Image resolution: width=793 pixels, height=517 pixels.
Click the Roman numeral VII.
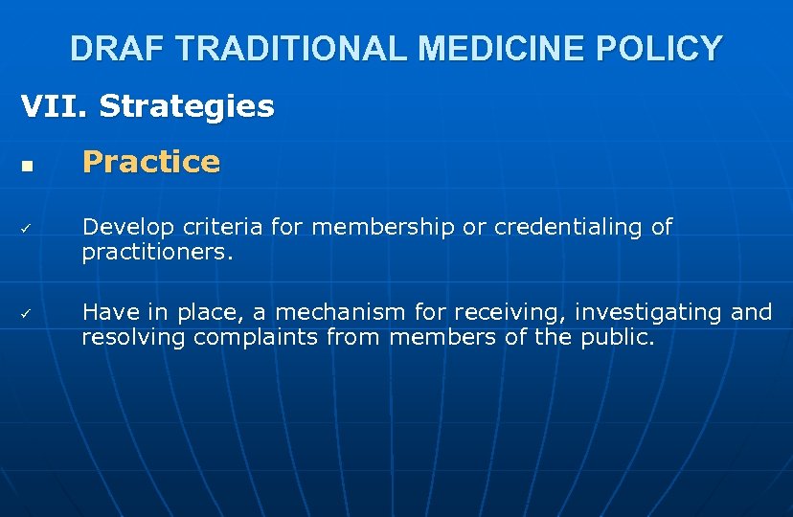[54, 106]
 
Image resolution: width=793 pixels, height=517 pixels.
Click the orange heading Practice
[151, 163]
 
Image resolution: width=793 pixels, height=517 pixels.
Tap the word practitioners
[157, 254]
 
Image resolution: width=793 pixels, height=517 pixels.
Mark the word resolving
[133, 338]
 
